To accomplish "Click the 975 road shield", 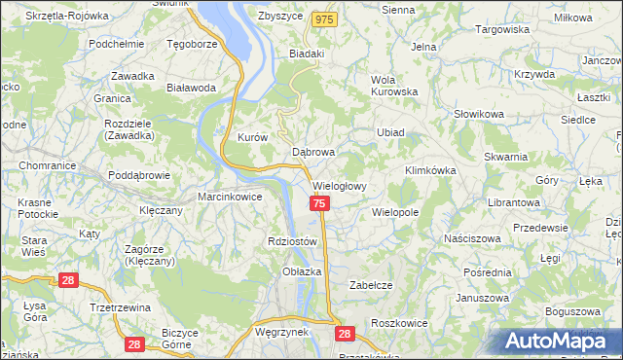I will click(x=325, y=19).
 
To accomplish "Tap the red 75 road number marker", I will click(x=320, y=203).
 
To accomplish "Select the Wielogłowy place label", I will click(x=340, y=186).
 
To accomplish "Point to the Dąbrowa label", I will click(x=313, y=153).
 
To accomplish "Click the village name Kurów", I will click(x=252, y=138).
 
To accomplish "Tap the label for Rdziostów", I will click(x=292, y=241).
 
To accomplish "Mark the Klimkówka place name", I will click(x=430, y=170).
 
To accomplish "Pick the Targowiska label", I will click(x=501, y=30).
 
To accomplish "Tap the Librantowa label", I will click(x=514, y=201).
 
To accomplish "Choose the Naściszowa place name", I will click(x=471, y=237).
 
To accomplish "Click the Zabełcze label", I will click(x=370, y=285).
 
